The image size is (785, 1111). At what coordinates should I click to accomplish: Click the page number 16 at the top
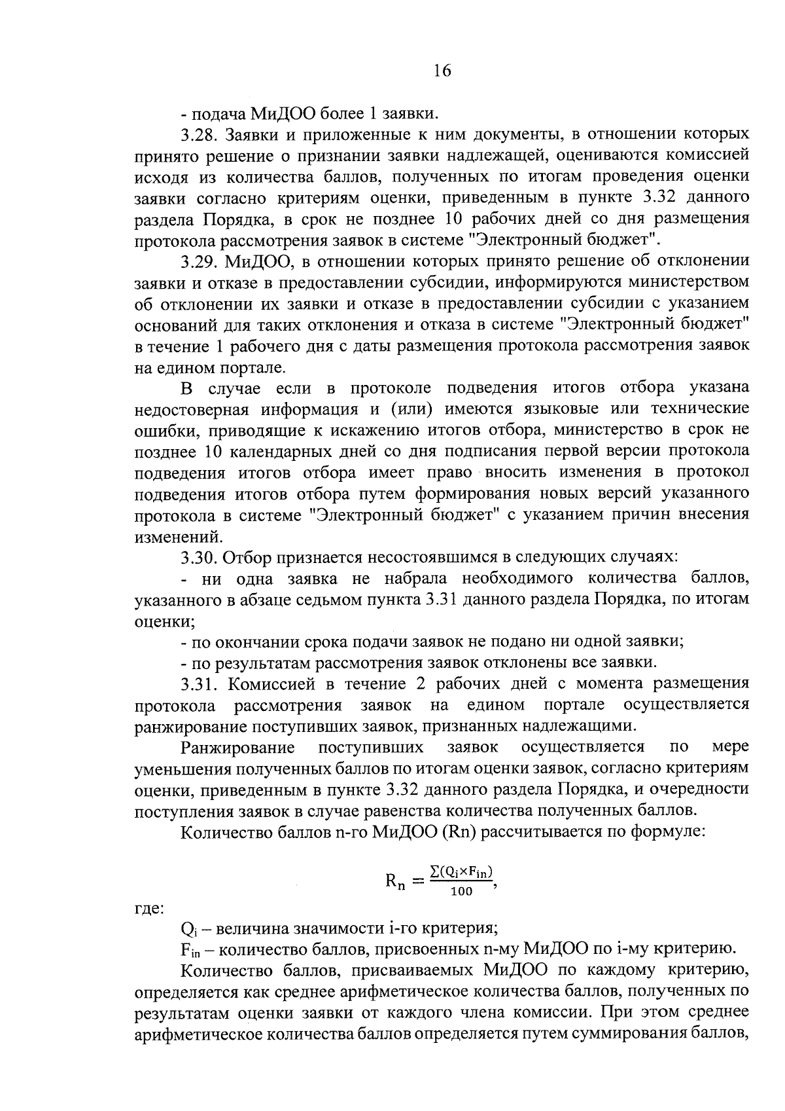[442, 71]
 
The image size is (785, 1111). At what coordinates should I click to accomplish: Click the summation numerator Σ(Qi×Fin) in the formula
[461, 872]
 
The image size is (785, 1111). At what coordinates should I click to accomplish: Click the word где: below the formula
[149, 909]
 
